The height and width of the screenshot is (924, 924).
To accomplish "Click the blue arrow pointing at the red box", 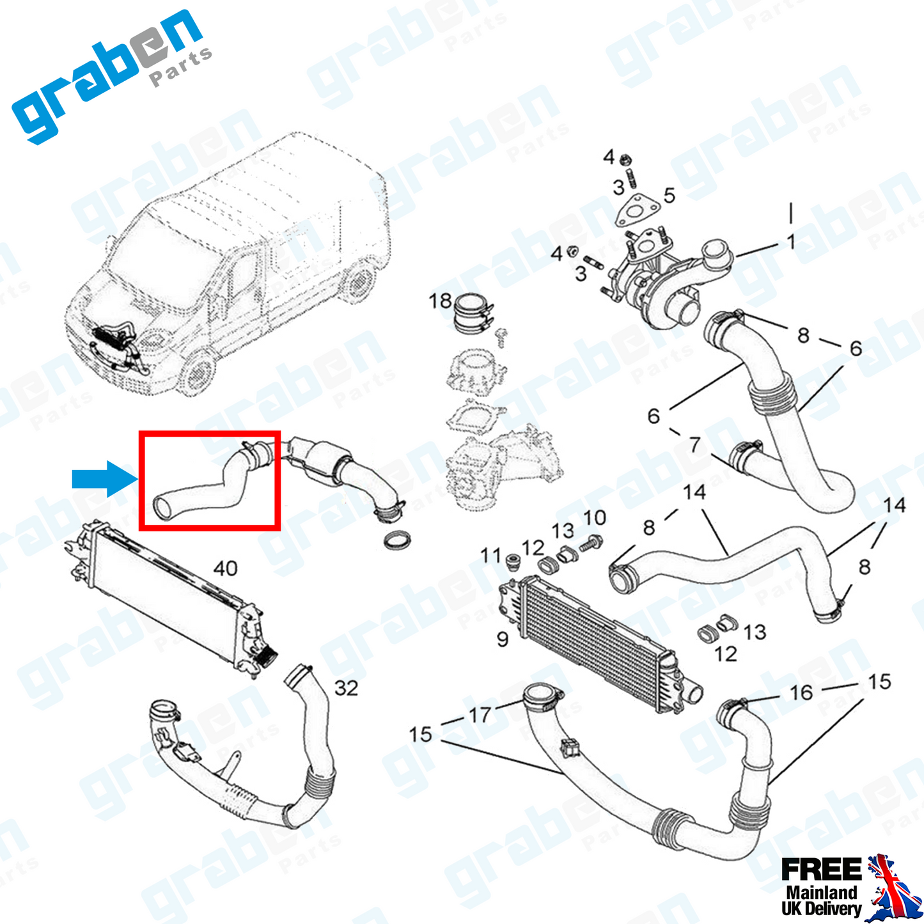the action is [104, 479].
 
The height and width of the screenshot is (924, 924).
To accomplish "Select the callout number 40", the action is [225, 568].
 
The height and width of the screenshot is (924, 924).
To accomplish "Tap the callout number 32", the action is [346, 689].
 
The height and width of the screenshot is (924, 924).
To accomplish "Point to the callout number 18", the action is [440, 302].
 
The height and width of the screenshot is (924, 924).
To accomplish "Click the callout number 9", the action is [502, 639].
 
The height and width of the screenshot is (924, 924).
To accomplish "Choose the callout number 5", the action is [670, 196].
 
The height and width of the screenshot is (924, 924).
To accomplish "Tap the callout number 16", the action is [801, 693].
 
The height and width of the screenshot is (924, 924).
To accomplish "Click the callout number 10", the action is [595, 518].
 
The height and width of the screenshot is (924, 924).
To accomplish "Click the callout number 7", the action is [695, 445].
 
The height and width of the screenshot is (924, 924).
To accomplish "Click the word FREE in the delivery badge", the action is [821, 870].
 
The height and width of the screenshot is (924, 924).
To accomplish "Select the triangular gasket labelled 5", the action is [638, 210].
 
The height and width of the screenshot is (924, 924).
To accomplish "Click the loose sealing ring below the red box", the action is [398, 540].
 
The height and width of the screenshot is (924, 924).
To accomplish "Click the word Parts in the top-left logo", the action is [181, 67].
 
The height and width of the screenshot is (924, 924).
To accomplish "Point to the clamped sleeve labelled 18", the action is [473, 314].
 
